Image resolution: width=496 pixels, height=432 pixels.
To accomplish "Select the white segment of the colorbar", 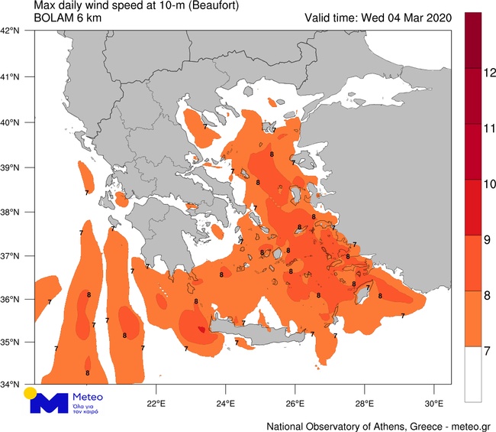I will coord(473,375).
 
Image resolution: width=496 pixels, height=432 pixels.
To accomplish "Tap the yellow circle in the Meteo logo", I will coord(30,393).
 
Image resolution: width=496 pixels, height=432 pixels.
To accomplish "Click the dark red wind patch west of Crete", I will coord(201,330).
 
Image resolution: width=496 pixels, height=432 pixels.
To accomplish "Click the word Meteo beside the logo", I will coord(85,398).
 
